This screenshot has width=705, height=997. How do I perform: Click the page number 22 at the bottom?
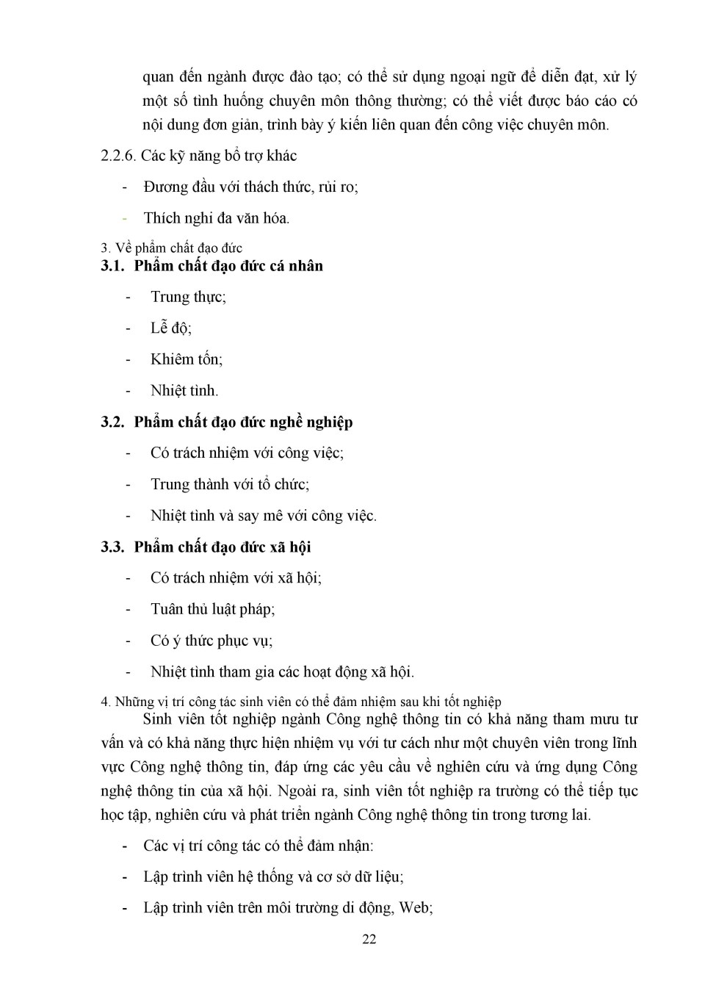tap(369, 939)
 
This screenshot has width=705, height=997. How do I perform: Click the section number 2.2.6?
tap(118, 156)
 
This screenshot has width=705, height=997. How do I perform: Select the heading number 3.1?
tap(112, 266)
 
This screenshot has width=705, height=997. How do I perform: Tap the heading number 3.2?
tap(112, 422)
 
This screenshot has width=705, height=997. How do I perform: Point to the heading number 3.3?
tap(112, 547)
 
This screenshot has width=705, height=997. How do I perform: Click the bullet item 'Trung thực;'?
tap(188, 297)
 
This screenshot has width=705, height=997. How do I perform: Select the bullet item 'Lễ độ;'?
tap(171, 328)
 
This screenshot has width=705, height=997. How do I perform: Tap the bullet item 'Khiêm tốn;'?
tap(187, 359)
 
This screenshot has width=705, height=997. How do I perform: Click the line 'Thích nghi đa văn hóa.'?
tap(217, 218)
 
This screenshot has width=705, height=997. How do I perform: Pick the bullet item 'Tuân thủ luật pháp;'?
tap(213, 609)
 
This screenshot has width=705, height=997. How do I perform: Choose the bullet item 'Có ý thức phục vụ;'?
tap(211, 641)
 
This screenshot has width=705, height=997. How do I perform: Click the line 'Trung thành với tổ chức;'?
tap(230, 484)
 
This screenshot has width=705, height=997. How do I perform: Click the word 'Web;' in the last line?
tap(416, 908)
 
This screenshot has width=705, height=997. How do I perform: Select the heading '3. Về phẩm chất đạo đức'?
tap(171, 248)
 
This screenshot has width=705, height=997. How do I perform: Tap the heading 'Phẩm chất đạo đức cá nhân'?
tap(228, 266)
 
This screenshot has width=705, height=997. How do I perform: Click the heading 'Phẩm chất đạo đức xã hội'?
tap(223, 547)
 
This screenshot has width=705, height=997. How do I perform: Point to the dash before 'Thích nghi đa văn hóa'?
tap(126, 218)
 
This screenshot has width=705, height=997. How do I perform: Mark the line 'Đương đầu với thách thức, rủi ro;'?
tap(251, 187)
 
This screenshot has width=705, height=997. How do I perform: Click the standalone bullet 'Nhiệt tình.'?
tap(184, 391)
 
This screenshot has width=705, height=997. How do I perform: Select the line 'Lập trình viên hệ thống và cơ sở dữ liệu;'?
tap(273, 877)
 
